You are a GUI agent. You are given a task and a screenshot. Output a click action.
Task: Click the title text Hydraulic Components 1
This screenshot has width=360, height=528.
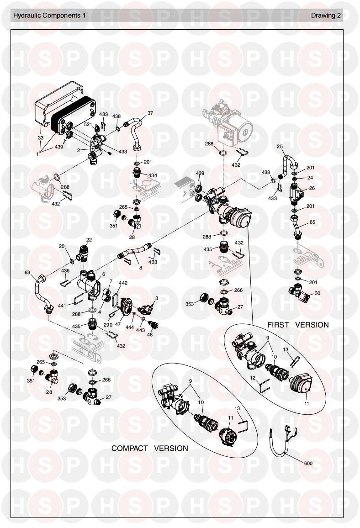49,15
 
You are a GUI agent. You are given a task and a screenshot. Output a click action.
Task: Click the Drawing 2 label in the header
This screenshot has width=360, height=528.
326,15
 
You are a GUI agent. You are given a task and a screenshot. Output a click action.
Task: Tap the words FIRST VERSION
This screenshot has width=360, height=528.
298,325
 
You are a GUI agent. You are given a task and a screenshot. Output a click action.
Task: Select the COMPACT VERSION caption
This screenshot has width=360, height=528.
149,448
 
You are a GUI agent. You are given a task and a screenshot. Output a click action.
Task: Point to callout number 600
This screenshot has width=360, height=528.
308,463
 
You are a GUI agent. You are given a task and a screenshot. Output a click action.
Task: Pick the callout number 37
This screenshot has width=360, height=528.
150,113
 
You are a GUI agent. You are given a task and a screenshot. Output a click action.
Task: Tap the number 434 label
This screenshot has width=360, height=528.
152,175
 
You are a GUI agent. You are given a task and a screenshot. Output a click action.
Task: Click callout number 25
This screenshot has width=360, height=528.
280,147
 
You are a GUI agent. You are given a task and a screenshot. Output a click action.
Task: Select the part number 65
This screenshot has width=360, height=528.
312,222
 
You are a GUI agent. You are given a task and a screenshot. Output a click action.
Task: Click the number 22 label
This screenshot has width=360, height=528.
89,239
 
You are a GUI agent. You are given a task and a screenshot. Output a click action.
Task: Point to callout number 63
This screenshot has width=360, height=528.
27,273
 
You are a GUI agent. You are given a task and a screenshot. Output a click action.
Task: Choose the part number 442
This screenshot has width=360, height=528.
123,283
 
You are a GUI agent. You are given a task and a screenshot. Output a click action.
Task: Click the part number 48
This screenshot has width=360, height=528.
150,334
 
